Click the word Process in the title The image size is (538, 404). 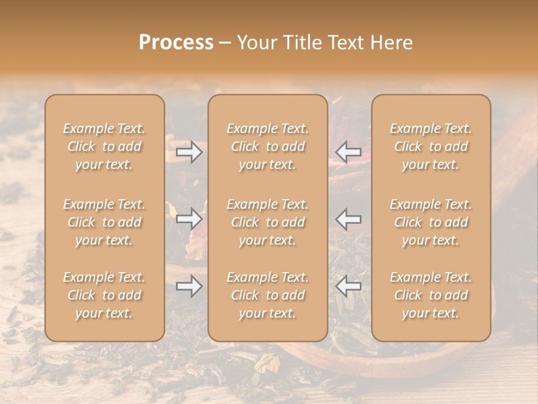click(x=176, y=43)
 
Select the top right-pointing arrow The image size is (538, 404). click(x=189, y=152)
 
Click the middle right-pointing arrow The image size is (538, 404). click(x=189, y=219)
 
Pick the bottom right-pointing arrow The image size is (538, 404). click(x=189, y=286)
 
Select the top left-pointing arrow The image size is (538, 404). click(x=349, y=152)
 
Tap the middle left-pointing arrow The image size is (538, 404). click(x=349, y=219)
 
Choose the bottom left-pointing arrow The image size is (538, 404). click(x=349, y=286)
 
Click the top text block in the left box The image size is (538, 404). click(x=104, y=146)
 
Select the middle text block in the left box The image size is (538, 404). click(x=104, y=222)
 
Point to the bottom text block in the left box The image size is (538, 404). click(x=104, y=295)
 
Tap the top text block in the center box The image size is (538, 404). click(x=267, y=146)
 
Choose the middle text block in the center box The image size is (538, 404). click(x=267, y=222)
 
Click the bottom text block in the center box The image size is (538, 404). click(x=267, y=295)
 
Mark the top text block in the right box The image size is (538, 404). click(x=431, y=146)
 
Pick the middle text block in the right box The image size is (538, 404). click(x=431, y=222)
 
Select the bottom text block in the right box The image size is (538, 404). click(x=431, y=295)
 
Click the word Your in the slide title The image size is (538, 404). click(x=256, y=43)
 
